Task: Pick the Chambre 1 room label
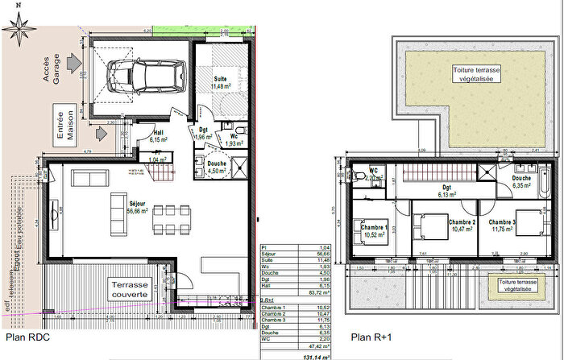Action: (x=375, y=231)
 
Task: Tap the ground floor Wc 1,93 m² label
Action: (x=234, y=139)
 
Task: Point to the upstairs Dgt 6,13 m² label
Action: (x=444, y=190)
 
